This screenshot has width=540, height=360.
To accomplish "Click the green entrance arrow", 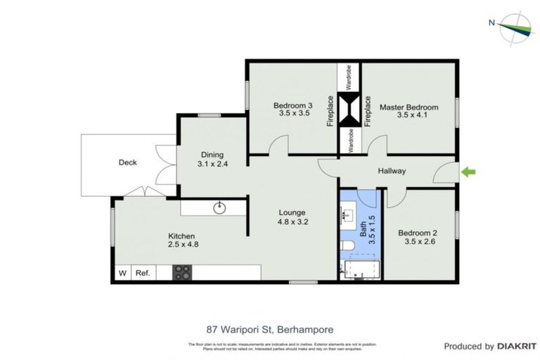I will (468, 171).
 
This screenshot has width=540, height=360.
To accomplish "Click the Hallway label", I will (392, 171).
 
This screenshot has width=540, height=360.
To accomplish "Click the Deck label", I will (127, 162).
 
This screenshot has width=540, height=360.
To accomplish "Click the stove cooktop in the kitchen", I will (182, 272).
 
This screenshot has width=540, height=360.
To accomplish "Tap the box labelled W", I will (122, 273).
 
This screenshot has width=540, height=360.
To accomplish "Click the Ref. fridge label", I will (143, 273).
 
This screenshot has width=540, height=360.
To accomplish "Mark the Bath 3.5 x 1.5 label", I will (368, 229).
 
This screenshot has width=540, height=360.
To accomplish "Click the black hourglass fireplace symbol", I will (349, 111).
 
